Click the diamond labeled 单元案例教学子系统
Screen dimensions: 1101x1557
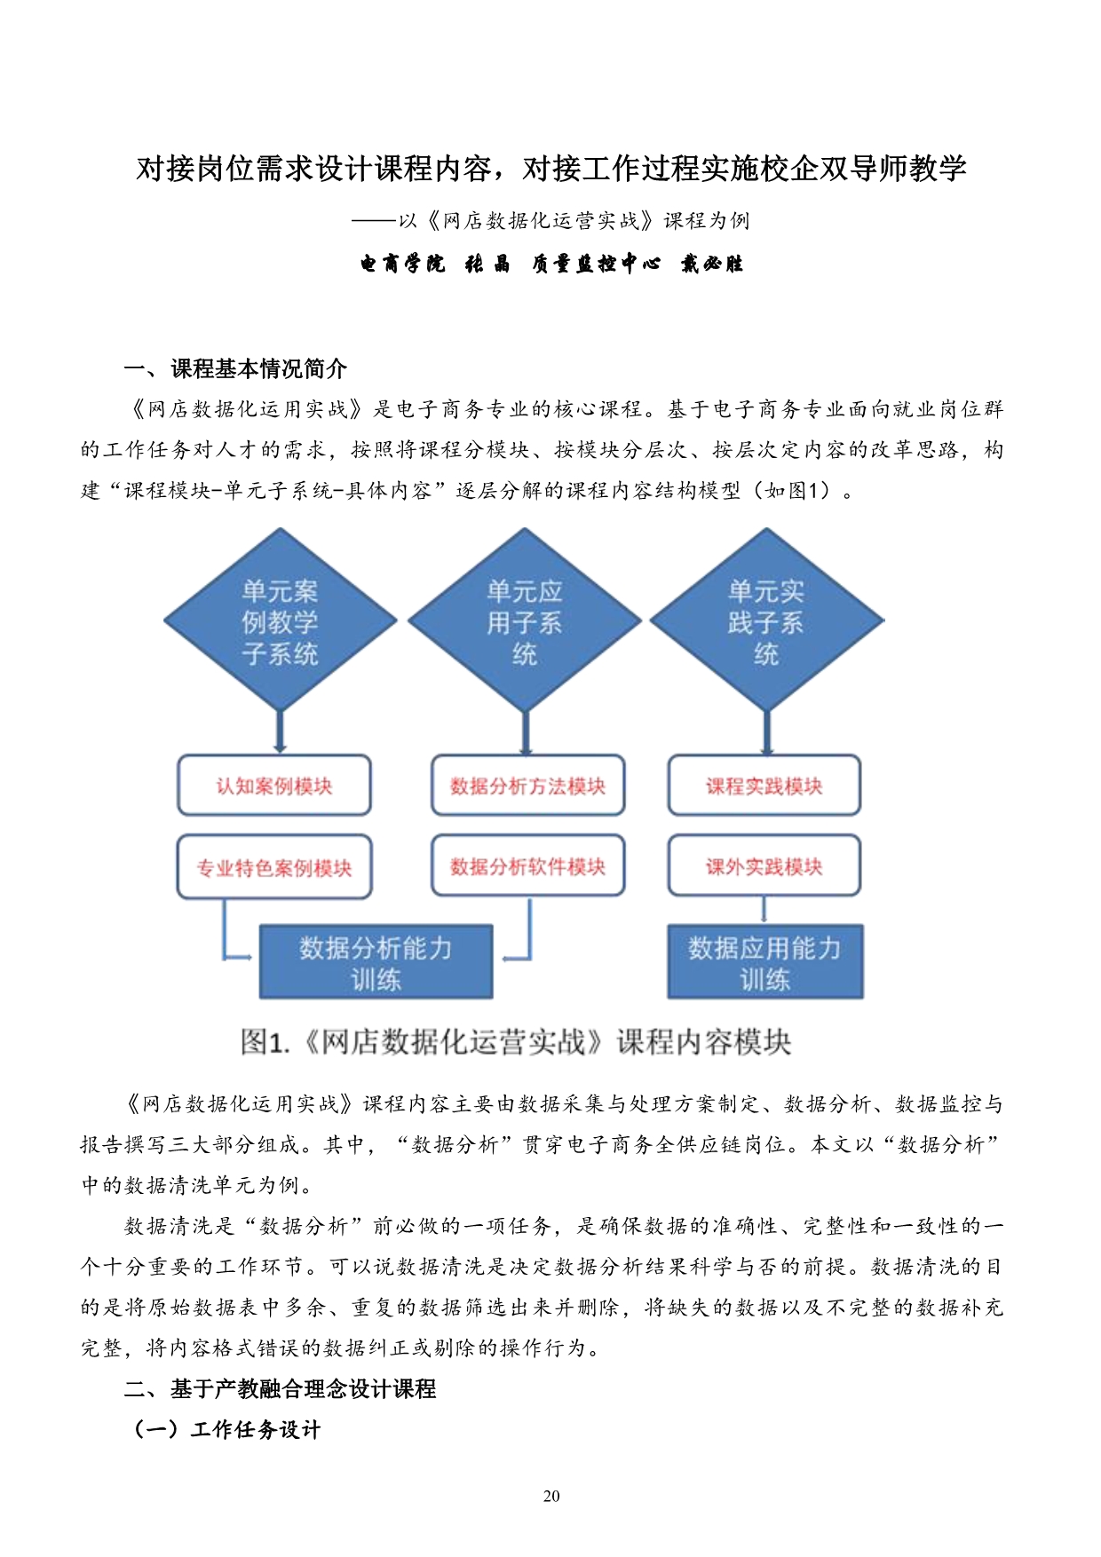coord(280,620)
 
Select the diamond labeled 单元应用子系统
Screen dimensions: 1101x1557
coord(524,620)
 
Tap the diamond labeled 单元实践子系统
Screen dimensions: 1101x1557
coord(766,620)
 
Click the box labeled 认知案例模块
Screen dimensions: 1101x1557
coord(274,786)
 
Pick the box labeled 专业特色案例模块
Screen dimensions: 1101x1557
coord(274,867)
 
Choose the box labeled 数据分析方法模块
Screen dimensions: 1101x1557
coord(528,786)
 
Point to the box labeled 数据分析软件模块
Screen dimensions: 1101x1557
coord(528,865)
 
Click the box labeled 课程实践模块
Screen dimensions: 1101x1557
coord(764,786)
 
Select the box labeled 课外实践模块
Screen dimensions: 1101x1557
coord(764,865)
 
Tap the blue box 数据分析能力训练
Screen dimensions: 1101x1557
coord(376,962)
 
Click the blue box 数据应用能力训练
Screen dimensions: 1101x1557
coord(765,962)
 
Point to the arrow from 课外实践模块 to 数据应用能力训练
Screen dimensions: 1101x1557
coord(764,911)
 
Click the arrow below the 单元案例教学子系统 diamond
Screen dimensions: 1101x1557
coord(281,733)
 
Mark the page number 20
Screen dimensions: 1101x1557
coord(551,1496)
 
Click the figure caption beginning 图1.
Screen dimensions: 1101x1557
coord(516,1041)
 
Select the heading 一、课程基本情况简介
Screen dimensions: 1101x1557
coord(235,368)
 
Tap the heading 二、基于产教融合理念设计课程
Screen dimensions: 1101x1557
coord(280,1388)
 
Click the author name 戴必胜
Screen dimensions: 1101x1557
coord(712,264)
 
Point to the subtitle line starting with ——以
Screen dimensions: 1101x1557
coord(550,220)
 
